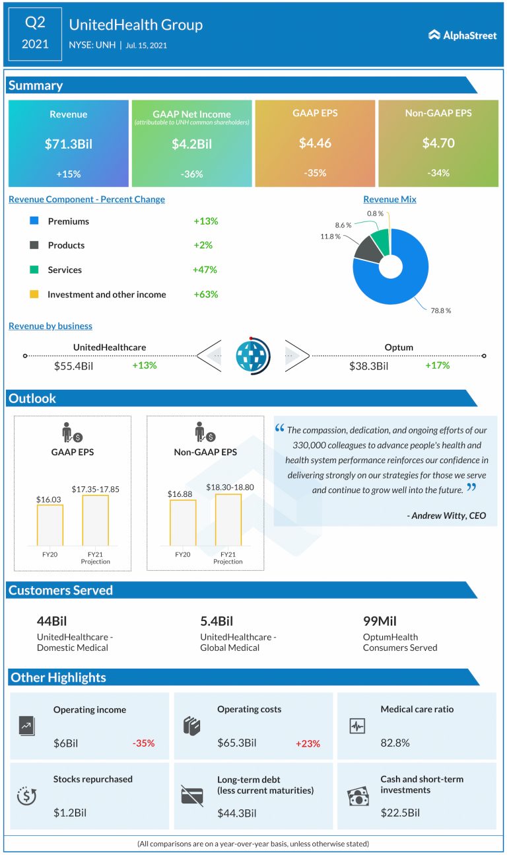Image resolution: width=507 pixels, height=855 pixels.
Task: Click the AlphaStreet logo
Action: tap(462, 35)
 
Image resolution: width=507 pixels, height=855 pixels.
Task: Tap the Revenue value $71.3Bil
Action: tap(69, 143)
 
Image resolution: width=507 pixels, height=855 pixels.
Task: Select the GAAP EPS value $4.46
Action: tap(315, 143)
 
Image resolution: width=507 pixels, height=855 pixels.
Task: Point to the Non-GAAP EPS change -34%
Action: tap(438, 173)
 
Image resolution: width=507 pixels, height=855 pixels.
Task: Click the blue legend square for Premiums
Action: tap(34, 221)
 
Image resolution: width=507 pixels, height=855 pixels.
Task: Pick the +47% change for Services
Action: tap(205, 270)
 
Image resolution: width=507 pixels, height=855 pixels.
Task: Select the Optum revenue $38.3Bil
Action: tap(368, 365)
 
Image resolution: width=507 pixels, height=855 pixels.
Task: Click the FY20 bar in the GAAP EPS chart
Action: tap(50, 525)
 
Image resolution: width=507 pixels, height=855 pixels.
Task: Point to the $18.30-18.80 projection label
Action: tap(228, 487)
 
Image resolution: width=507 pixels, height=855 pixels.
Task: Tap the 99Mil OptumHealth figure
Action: tap(379, 621)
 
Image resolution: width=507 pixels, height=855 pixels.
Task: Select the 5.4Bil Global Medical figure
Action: tap(217, 621)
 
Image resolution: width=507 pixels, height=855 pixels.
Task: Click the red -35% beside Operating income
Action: tap(143, 743)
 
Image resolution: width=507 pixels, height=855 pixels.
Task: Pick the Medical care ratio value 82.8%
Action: tap(395, 743)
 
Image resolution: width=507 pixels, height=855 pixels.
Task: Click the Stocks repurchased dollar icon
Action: tap(27, 796)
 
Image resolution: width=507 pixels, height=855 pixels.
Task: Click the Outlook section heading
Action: tap(32, 398)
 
